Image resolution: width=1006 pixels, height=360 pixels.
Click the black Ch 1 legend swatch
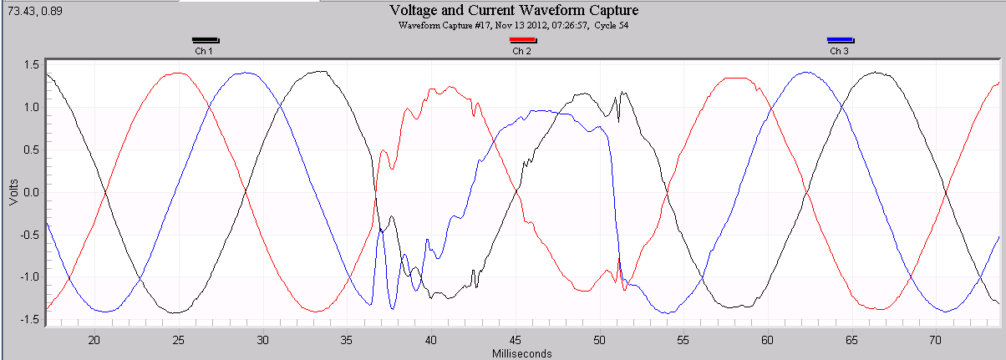pos(205,40)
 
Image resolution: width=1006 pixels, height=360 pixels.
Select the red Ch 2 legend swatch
pos(522,40)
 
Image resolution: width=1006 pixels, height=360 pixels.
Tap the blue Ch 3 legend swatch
pos(840,40)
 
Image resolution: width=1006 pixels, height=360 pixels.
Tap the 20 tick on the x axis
pos(94,340)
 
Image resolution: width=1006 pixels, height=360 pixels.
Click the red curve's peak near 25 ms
pos(178,73)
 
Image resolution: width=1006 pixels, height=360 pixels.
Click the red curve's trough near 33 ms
pos(317,312)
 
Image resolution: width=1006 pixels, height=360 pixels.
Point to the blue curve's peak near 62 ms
pos(805,72)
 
